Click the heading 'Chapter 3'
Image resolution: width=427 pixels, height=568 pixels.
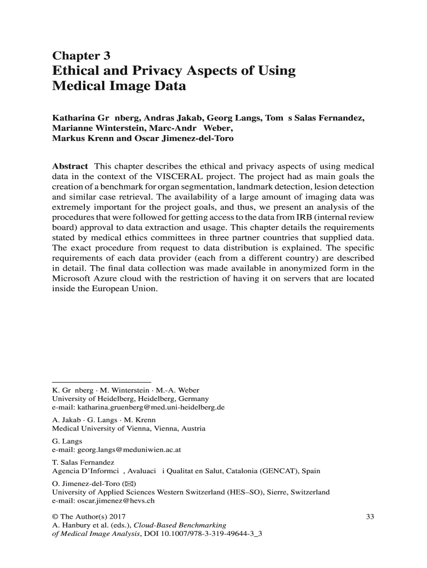pyautogui.click(x=81, y=55)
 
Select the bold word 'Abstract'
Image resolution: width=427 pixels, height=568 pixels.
pyautogui.click(x=70, y=166)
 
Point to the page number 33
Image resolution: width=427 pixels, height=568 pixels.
pyautogui.click(x=370, y=517)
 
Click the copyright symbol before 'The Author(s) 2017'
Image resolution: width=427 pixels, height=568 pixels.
pyautogui.click(x=54, y=517)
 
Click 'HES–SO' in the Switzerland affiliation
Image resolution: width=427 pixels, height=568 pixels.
pyautogui.click(x=239, y=492)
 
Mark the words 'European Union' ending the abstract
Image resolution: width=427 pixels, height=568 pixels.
pyautogui.click(x=129, y=289)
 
